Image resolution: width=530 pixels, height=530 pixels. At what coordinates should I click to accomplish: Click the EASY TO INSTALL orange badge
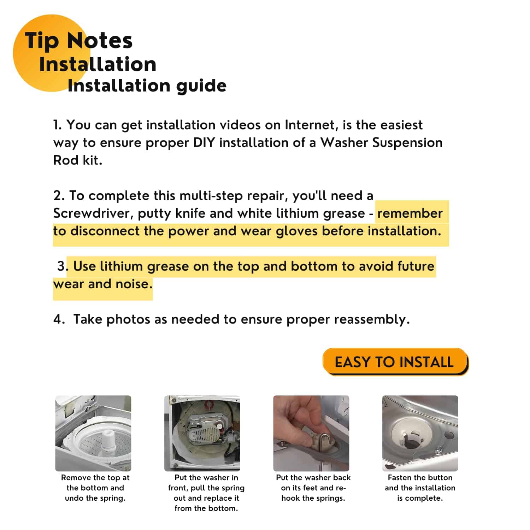point(395,362)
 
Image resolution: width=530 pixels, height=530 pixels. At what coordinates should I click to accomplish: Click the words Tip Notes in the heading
point(78,41)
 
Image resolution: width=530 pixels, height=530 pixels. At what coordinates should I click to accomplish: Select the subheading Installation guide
point(147,86)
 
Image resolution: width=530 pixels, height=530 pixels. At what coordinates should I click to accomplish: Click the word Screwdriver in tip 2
point(92,213)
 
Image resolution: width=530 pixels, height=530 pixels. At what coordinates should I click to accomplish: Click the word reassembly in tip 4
point(372,320)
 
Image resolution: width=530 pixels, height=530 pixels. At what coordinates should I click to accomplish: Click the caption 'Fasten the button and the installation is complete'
point(420,488)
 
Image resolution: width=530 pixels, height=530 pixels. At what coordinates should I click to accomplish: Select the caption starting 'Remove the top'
point(95,488)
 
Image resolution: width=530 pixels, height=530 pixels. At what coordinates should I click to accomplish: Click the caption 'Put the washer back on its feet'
point(313,488)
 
